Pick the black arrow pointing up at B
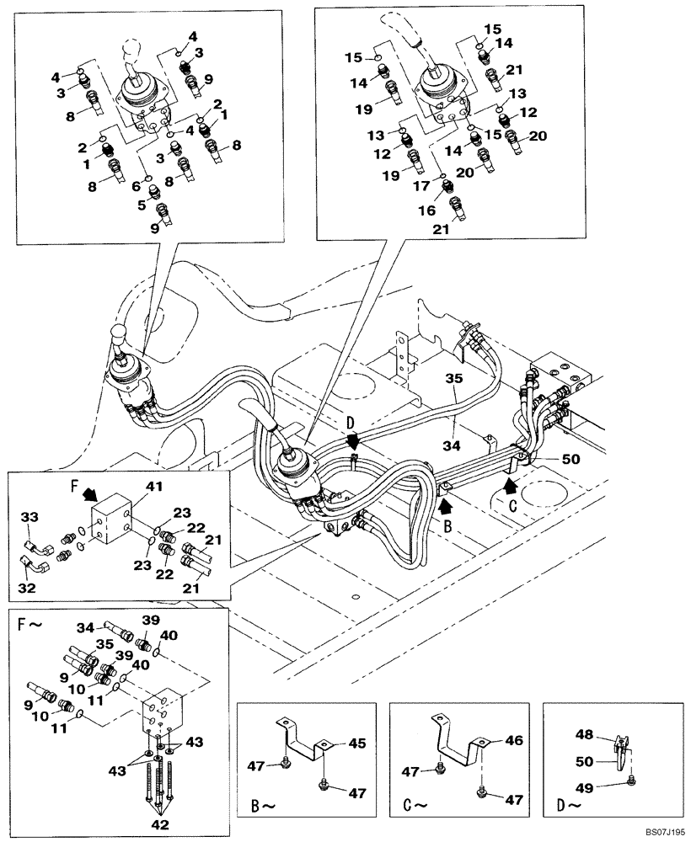point(446,505)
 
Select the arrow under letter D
point(355,440)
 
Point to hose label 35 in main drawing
point(453,381)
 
